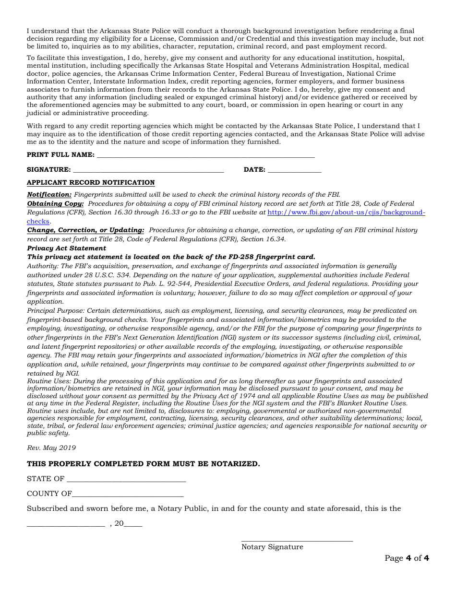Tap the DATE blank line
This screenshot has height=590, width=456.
(x=294, y=170)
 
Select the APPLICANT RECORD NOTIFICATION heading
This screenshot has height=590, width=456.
(x=91, y=183)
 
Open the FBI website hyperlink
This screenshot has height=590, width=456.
(x=346, y=212)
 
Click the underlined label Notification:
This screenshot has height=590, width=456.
(x=49, y=195)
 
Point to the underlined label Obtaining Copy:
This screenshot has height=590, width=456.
(x=55, y=204)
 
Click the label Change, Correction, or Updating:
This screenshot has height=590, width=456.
(x=85, y=230)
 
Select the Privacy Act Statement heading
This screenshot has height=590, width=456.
(x=66, y=248)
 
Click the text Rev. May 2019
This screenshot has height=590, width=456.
(x=51, y=448)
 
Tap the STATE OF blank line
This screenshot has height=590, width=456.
(x=126, y=480)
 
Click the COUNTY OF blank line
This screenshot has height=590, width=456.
(x=128, y=495)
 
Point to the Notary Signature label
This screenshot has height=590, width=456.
(x=272, y=547)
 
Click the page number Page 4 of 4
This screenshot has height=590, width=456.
(x=407, y=558)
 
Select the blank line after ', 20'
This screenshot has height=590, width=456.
(x=133, y=525)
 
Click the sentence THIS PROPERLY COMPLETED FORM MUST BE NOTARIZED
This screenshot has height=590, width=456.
(x=143, y=464)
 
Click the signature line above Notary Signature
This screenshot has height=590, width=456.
(x=297, y=540)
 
